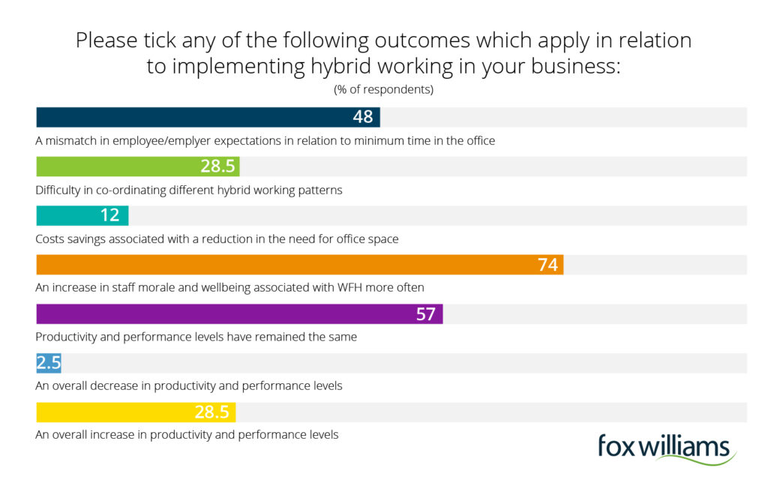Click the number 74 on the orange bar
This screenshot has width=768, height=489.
click(x=548, y=265)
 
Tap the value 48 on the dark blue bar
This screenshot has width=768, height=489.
click(x=364, y=118)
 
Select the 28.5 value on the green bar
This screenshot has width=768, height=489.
click(x=218, y=166)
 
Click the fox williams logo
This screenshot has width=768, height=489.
click(x=666, y=448)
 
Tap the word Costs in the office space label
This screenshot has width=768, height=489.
click(x=49, y=239)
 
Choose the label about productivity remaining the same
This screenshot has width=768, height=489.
click(x=196, y=337)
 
